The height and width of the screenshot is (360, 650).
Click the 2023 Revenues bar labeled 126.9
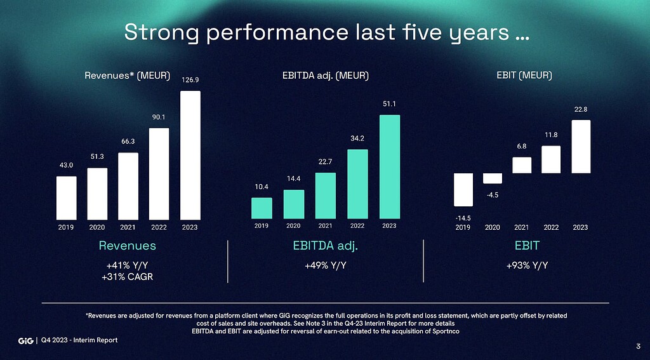point(190,155)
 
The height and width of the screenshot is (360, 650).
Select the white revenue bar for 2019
point(66,197)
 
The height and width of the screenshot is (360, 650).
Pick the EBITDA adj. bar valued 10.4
point(262,208)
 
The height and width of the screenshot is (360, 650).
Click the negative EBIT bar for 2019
point(463,189)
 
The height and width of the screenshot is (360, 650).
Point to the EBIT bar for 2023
point(580,147)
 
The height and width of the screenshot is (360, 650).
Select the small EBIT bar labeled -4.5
point(492,178)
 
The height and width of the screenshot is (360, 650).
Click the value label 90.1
point(159,117)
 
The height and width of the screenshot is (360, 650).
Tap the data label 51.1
point(389,103)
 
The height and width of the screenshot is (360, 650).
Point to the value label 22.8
point(580,109)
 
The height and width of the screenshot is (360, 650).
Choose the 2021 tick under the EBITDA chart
point(325,225)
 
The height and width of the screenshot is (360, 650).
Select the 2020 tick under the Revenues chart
point(97,227)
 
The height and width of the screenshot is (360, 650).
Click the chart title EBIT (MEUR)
point(524,76)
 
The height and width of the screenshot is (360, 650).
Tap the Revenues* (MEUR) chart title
point(128,76)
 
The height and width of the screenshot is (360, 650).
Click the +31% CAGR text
point(128,277)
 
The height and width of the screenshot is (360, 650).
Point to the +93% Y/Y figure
point(527,265)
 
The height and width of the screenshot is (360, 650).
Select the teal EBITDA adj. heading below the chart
point(326,246)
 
